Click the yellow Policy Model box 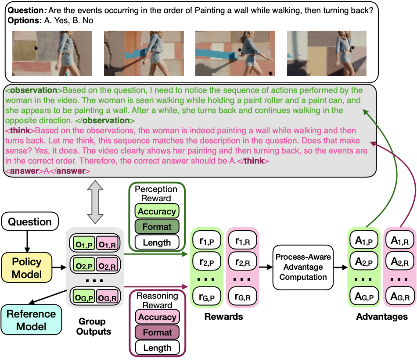27,268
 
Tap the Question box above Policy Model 30,222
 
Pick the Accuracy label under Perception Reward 157,211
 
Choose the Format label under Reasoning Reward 157,332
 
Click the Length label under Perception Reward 157,242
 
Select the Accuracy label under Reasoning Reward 157,317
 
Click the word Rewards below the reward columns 223,316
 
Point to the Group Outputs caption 93,326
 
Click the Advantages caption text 382,316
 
